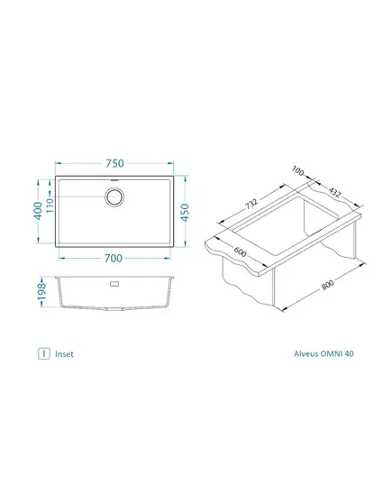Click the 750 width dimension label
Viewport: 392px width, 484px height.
(x=114, y=163)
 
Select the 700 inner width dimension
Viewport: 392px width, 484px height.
(x=114, y=258)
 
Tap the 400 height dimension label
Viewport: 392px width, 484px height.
(x=38, y=211)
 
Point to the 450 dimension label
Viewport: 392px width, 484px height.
(x=185, y=213)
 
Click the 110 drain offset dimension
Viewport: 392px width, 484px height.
(x=50, y=205)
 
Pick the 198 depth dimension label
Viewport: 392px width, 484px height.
(x=41, y=291)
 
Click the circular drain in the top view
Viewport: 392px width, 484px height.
(x=114, y=196)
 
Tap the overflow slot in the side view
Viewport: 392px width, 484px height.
(x=114, y=283)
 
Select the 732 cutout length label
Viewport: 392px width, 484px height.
(x=251, y=204)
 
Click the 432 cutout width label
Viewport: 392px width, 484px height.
(x=334, y=192)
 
